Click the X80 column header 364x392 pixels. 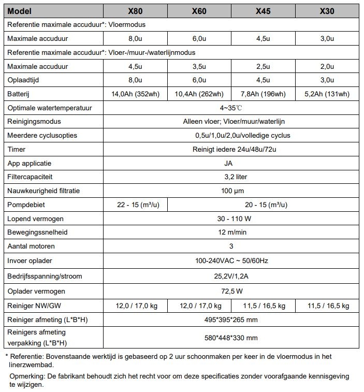pyautogui.click(x=135, y=11)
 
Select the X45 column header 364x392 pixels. pyautogui.click(x=263, y=11)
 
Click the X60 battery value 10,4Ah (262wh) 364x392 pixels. pyautogui.click(x=199, y=94)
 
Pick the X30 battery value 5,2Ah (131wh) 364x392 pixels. pyautogui.click(x=328, y=94)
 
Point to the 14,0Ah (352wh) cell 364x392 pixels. pyautogui.click(x=135, y=94)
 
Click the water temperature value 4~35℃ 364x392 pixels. pyautogui.click(x=231, y=108)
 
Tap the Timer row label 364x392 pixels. pyautogui.click(x=17, y=149)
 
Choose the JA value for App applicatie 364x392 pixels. pyautogui.click(x=231, y=163)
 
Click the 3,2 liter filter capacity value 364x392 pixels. pyautogui.click(x=231, y=177)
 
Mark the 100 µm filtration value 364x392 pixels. pyautogui.click(x=231, y=191)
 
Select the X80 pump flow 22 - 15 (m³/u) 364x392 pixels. pyautogui.click(x=135, y=205)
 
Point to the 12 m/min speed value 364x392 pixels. pyautogui.click(x=231, y=233)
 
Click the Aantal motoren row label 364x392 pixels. pyautogui.click(x=31, y=246)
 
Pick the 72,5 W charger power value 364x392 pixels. pyautogui.click(x=231, y=292)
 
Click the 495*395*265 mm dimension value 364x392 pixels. pyautogui.click(x=231, y=320)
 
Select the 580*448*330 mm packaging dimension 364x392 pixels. pyautogui.click(x=231, y=338)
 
